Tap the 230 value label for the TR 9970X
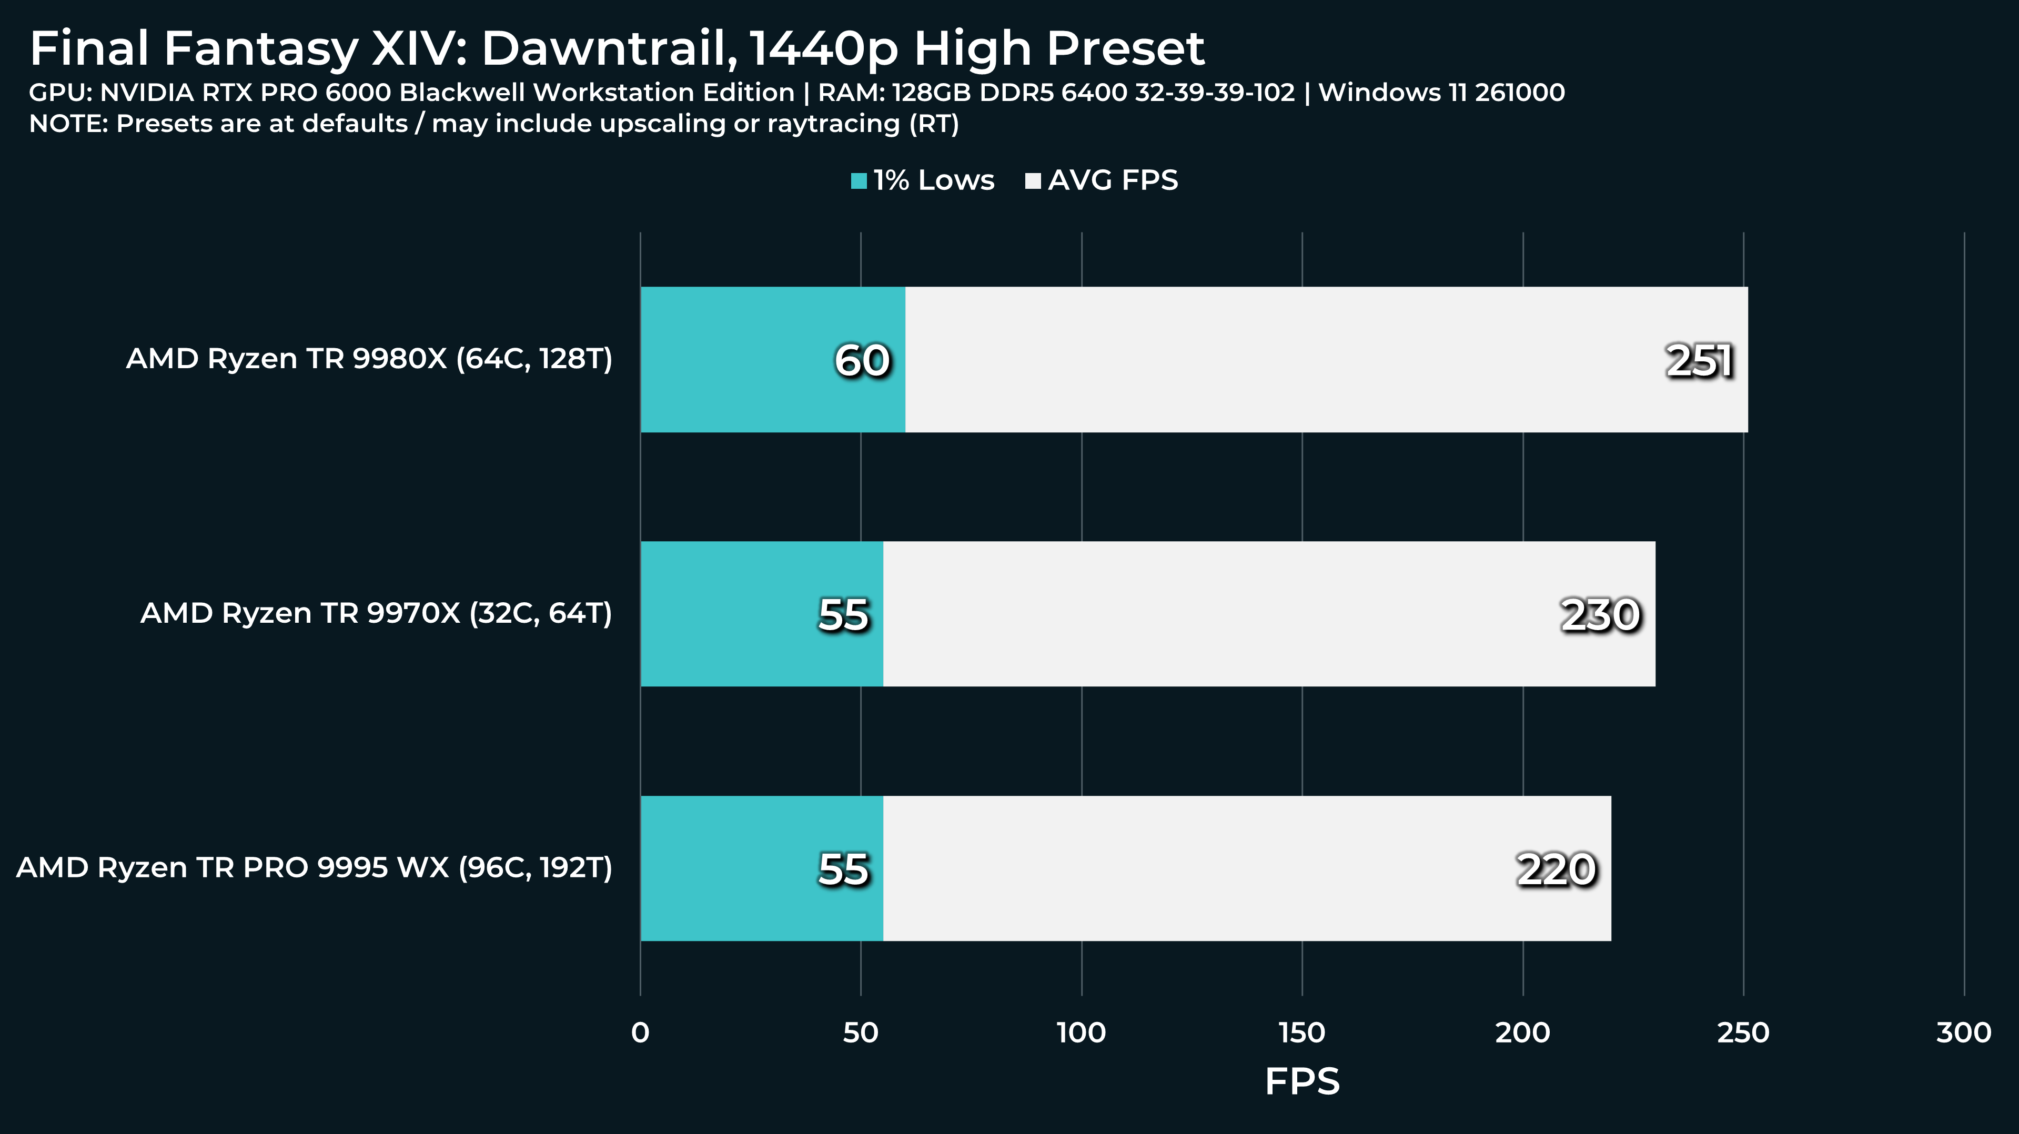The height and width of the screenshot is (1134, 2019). click(x=1600, y=614)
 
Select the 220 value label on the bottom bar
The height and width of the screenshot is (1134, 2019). click(x=1556, y=869)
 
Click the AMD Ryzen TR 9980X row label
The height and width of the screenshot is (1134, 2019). click(x=368, y=359)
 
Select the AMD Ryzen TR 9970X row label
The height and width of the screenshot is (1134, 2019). click(x=376, y=613)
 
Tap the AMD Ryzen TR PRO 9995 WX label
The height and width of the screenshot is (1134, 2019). click(x=314, y=867)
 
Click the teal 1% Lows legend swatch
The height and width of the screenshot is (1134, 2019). click(x=858, y=181)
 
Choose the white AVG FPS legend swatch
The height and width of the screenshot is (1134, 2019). click(x=1032, y=181)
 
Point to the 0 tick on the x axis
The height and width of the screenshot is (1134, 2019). click(x=640, y=1033)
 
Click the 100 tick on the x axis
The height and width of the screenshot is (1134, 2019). click(x=1081, y=1033)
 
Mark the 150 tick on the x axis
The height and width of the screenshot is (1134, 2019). click(x=1302, y=1033)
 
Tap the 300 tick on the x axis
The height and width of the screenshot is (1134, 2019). click(x=1963, y=1033)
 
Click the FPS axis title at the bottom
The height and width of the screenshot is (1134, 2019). click(x=1302, y=1081)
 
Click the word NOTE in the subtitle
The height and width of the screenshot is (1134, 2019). click(x=67, y=124)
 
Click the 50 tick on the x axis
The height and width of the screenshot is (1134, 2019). click(x=861, y=1033)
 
